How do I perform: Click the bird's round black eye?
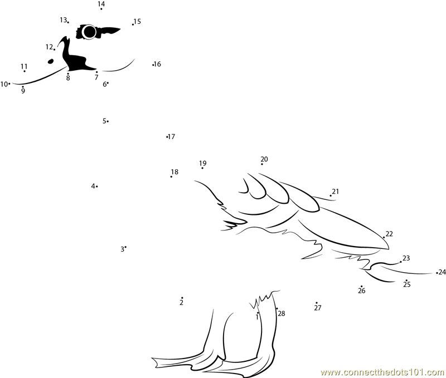pos(90,32)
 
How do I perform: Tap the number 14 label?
pos(101,4)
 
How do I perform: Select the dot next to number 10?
pos(9,84)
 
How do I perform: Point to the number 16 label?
pos(157,64)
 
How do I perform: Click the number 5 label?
pos(104,121)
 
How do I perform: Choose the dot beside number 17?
pos(167,137)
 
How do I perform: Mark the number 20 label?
pos(264,159)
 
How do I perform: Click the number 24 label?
pos(442,272)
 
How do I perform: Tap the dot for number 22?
pos(384,237)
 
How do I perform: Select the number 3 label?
pos(122,249)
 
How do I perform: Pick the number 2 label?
pos(182,303)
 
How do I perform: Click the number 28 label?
pos(282,313)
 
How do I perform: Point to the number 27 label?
pos(318,307)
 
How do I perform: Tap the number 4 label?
pos(93,186)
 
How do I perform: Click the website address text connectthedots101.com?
pos(383,372)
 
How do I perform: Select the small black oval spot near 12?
pos(51,61)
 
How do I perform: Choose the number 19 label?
pos(202,163)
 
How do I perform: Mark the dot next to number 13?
pos(68,22)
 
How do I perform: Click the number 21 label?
pos(336,192)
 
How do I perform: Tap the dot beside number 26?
pos(361,286)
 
